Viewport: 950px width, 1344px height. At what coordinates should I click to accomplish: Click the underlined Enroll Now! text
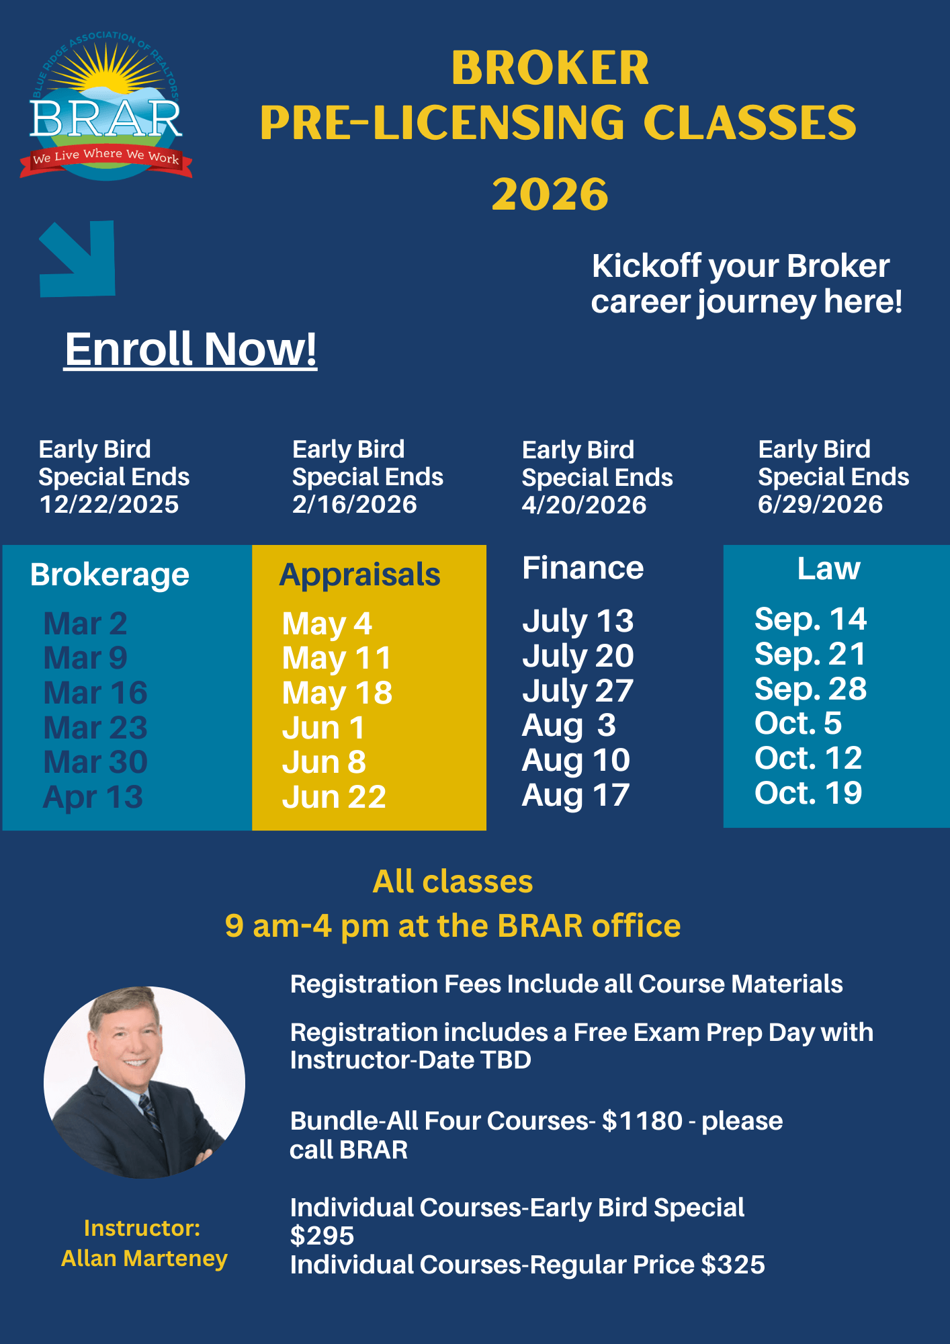tap(191, 349)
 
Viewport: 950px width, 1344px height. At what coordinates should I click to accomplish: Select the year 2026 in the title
tap(550, 194)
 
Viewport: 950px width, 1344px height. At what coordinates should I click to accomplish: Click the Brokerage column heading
tap(110, 575)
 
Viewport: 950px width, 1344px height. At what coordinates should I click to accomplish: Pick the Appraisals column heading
tap(359, 575)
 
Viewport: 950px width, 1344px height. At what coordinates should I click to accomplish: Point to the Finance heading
tap(582, 569)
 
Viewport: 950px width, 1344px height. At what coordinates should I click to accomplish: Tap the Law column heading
tap(828, 569)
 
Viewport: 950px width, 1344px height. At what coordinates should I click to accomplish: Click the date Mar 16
tap(95, 693)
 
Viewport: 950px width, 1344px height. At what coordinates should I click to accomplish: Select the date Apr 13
tap(93, 797)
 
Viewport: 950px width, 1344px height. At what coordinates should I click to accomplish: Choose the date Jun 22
tap(334, 797)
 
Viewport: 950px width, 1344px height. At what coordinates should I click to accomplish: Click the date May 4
tap(327, 624)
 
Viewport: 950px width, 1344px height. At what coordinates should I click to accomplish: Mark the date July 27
tap(578, 691)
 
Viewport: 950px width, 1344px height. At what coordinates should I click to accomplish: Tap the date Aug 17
tap(576, 795)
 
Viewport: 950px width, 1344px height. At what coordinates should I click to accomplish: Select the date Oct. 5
tap(798, 723)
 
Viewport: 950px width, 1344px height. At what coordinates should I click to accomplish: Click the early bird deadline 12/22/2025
tap(109, 504)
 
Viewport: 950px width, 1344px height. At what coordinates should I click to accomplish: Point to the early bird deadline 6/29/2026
tap(820, 504)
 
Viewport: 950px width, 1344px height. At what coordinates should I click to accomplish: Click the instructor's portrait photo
tap(144, 1082)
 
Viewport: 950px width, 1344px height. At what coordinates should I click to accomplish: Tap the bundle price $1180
tap(642, 1121)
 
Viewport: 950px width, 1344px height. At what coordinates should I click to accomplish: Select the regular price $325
tap(733, 1265)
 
